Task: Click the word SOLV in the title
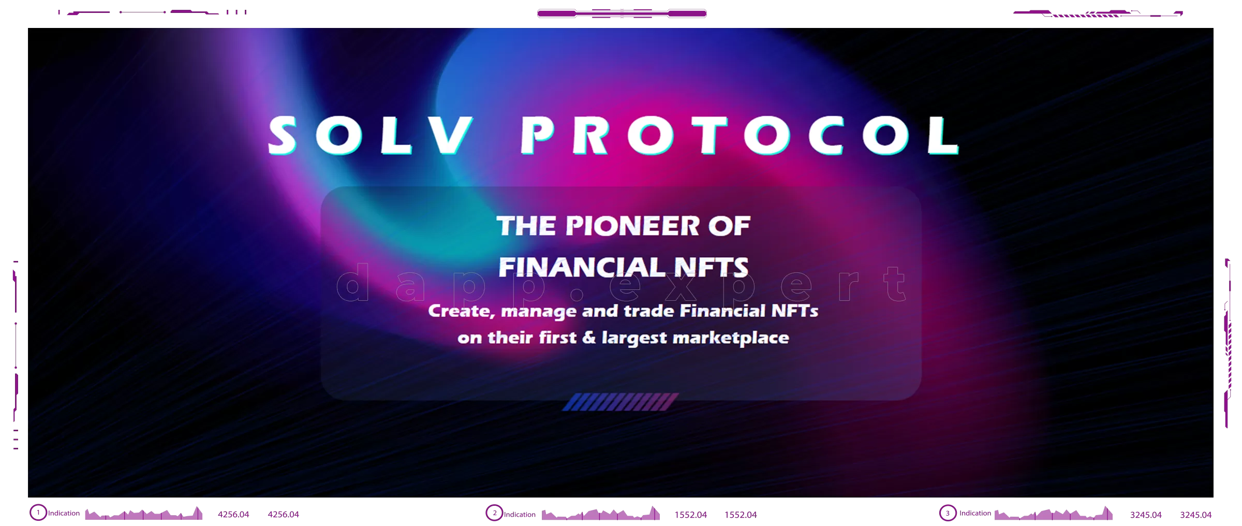(370, 135)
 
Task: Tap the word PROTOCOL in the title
(740, 135)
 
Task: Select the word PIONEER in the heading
(632, 226)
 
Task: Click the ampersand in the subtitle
(589, 338)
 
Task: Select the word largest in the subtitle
(634, 339)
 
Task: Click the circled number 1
(38, 513)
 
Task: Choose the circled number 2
(494, 513)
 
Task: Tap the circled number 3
(948, 513)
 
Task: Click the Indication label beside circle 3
(975, 513)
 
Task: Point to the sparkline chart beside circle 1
(144, 513)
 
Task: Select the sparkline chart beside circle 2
(601, 513)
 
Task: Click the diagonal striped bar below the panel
(620, 402)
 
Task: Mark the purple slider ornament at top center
(622, 13)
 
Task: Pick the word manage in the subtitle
(539, 312)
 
